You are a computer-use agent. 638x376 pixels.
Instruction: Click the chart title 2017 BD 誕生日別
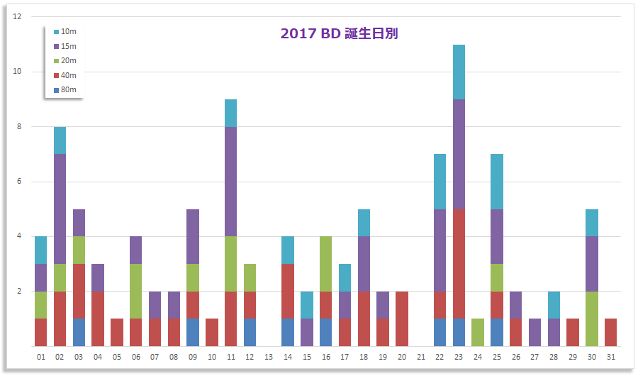tap(339, 33)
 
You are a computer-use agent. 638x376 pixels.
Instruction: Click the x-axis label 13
tap(269, 357)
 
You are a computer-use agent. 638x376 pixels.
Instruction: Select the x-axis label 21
tap(421, 357)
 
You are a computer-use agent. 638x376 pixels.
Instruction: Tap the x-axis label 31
tap(610, 357)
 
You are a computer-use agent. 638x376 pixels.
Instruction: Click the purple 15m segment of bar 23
tap(459, 154)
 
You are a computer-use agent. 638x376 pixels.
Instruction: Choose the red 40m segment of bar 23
tap(459, 264)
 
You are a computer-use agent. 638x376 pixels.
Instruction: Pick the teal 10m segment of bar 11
tap(230, 113)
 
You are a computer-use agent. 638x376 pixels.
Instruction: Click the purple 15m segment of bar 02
tap(60, 209)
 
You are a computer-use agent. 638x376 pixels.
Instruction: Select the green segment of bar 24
tap(478, 332)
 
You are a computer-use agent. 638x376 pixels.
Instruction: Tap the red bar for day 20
tap(402, 319)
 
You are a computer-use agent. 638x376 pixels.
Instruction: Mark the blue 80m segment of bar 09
tap(193, 332)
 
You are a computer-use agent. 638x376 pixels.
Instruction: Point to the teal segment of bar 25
tap(497, 182)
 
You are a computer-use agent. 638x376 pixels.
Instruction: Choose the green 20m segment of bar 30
tap(592, 319)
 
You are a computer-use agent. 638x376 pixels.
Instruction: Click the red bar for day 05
tap(117, 332)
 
